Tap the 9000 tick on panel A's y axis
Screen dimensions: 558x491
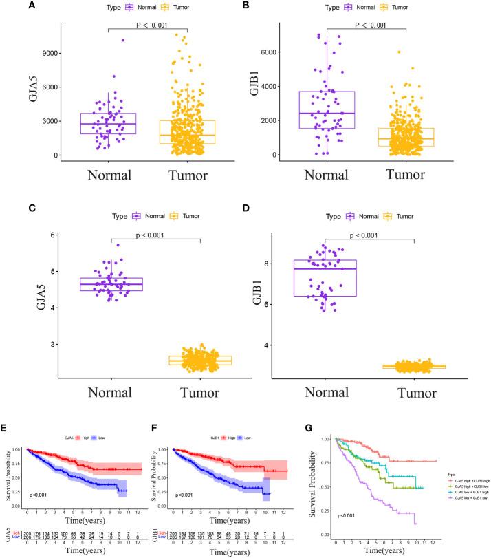click(x=49, y=53)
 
